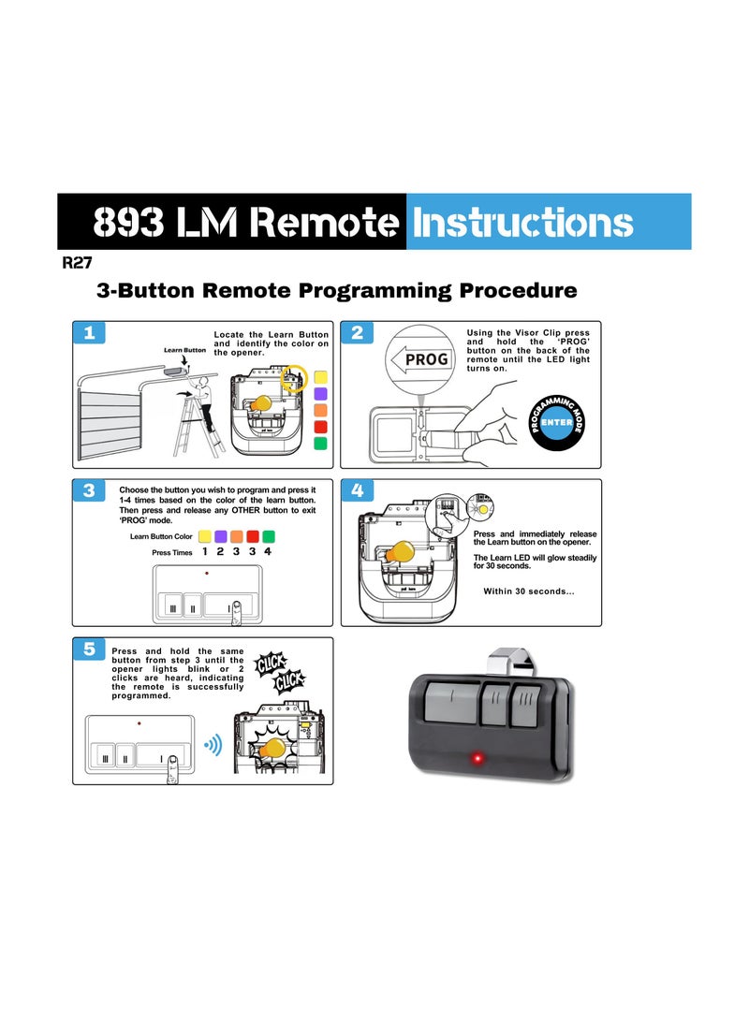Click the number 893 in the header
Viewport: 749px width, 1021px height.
click(x=132, y=223)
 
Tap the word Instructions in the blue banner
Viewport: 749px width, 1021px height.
click(x=522, y=223)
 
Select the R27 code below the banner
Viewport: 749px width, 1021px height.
click(x=77, y=264)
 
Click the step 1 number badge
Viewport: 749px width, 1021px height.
click(x=88, y=332)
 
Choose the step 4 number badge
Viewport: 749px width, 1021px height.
click(x=357, y=490)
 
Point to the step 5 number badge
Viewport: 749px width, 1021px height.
click(x=88, y=649)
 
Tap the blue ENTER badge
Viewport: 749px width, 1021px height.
click(x=556, y=423)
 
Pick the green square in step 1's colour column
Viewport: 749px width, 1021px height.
click(x=320, y=444)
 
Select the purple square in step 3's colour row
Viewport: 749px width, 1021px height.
click(x=221, y=536)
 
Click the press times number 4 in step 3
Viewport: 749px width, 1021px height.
click(x=268, y=552)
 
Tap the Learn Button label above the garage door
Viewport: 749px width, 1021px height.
click(x=184, y=350)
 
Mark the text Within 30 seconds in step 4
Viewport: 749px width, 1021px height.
click(x=529, y=591)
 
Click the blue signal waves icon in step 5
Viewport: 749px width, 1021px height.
click(x=213, y=745)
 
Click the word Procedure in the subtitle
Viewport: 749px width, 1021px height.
click(x=518, y=290)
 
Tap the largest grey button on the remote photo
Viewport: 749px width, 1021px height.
click(x=451, y=703)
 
